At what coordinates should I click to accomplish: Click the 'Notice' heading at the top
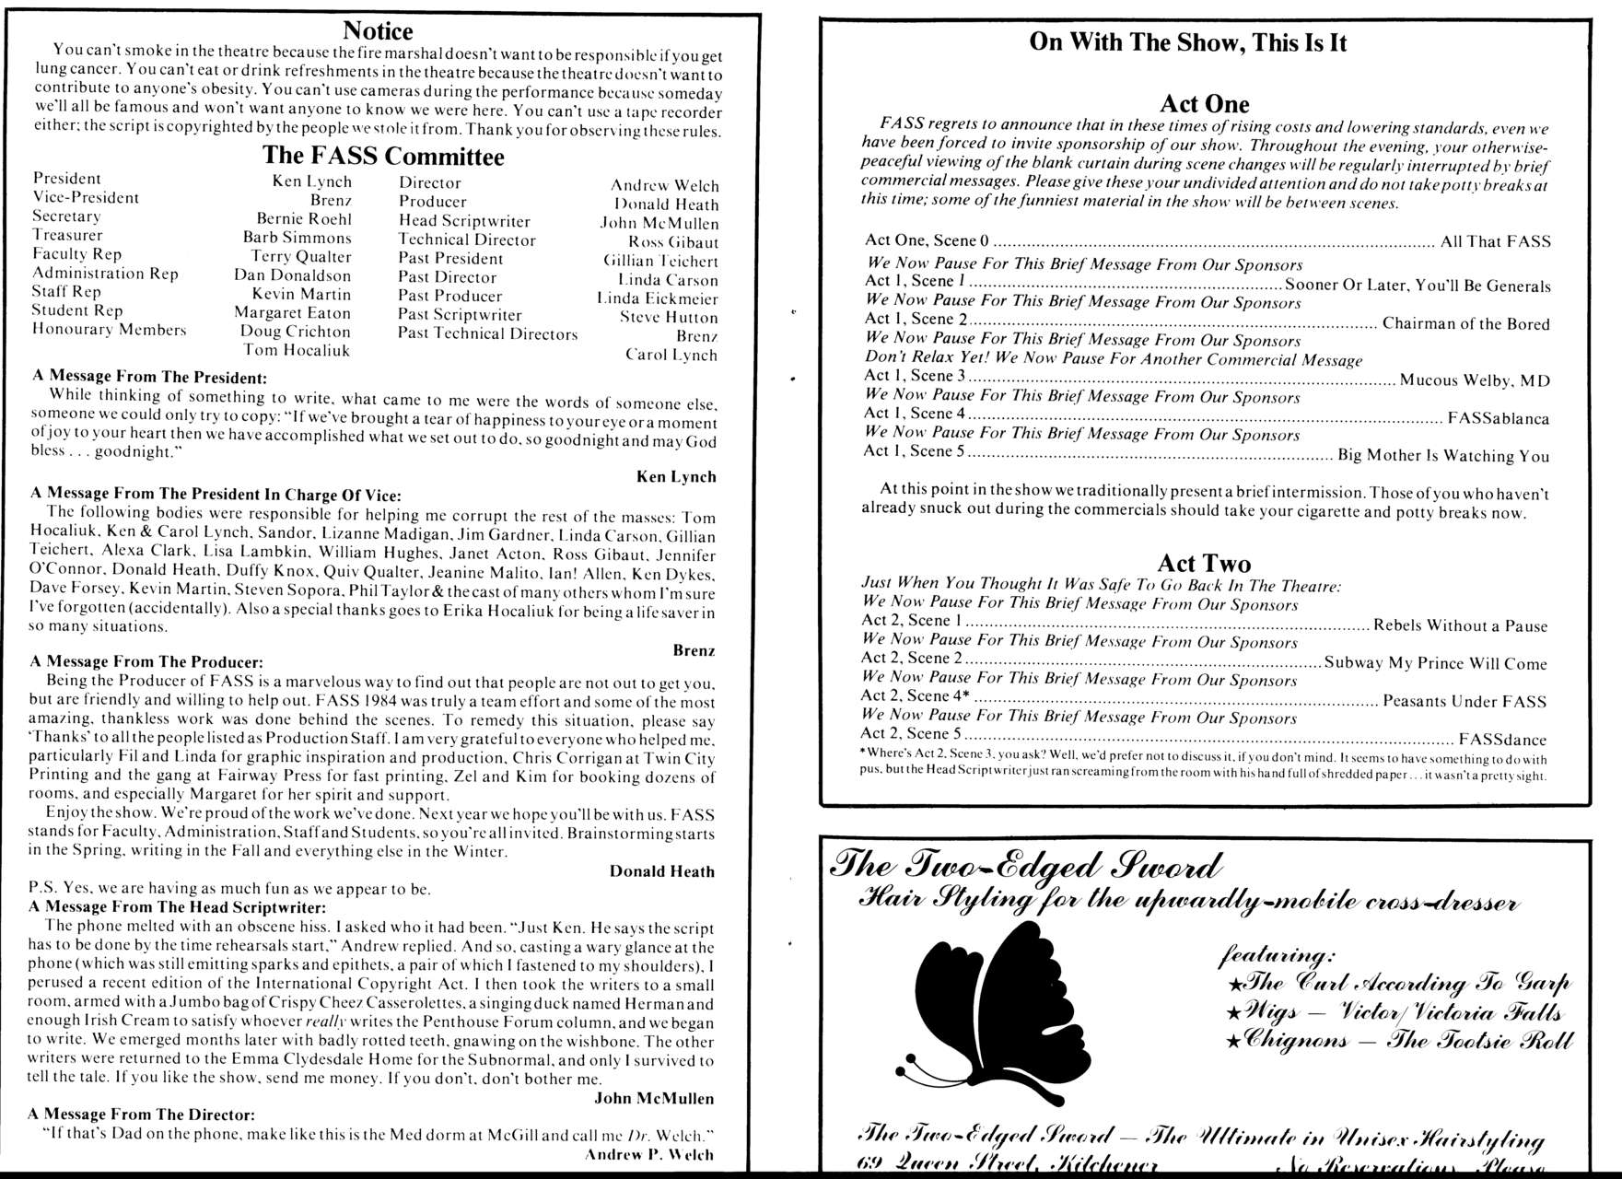click(378, 31)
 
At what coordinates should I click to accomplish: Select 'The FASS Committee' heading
click(383, 156)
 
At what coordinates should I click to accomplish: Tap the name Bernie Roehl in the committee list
click(304, 219)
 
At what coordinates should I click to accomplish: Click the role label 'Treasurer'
click(67, 235)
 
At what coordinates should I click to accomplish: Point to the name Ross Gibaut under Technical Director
click(673, 243)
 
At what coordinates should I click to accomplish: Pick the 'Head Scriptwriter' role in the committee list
click(464, 221)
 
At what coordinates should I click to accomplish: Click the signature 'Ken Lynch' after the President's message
click(676, 476)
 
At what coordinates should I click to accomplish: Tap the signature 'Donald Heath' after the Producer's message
click(661, 871)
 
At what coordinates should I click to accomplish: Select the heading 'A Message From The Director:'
click(142, 1115)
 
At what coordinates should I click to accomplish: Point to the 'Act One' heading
click(1204, 104)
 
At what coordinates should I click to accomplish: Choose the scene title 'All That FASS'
click(1495, 242)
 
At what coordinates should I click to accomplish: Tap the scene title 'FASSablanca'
click(1498, 418)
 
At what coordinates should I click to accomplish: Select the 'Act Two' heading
click(1204, 563)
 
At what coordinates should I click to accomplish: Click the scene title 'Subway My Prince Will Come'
click(1435, 663)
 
